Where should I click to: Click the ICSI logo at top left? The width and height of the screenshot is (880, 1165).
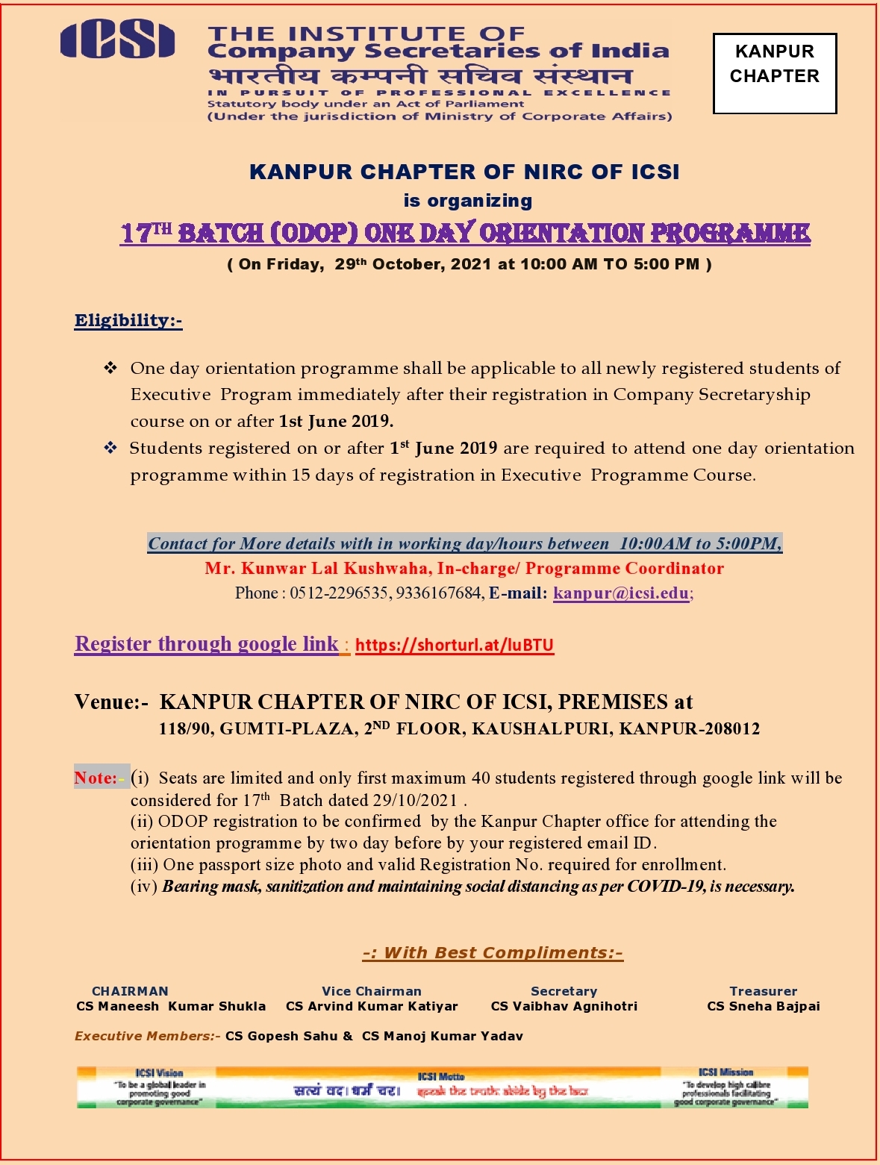(117, 40)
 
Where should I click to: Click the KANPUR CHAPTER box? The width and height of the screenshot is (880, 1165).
(774, 73)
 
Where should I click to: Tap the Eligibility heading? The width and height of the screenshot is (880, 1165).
(128, 320)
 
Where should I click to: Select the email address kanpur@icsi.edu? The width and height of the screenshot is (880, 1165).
(621, 593)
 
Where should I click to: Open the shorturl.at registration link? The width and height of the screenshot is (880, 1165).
(454, 645)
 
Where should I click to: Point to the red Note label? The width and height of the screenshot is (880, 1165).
(96, 778)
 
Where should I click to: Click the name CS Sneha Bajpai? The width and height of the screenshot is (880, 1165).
(763, 1006)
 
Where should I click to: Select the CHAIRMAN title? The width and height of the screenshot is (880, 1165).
(130, 991)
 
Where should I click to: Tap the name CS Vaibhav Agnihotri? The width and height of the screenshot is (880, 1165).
(564, 1006)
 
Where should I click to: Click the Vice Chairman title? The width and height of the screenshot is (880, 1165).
(371, 991)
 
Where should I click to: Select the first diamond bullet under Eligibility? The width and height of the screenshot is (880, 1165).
(110, 368)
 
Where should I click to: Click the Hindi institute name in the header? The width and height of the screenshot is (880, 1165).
(420, 75)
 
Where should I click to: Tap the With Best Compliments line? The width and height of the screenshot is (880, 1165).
(493, 952)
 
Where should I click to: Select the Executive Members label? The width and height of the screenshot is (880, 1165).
(146, 1036)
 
